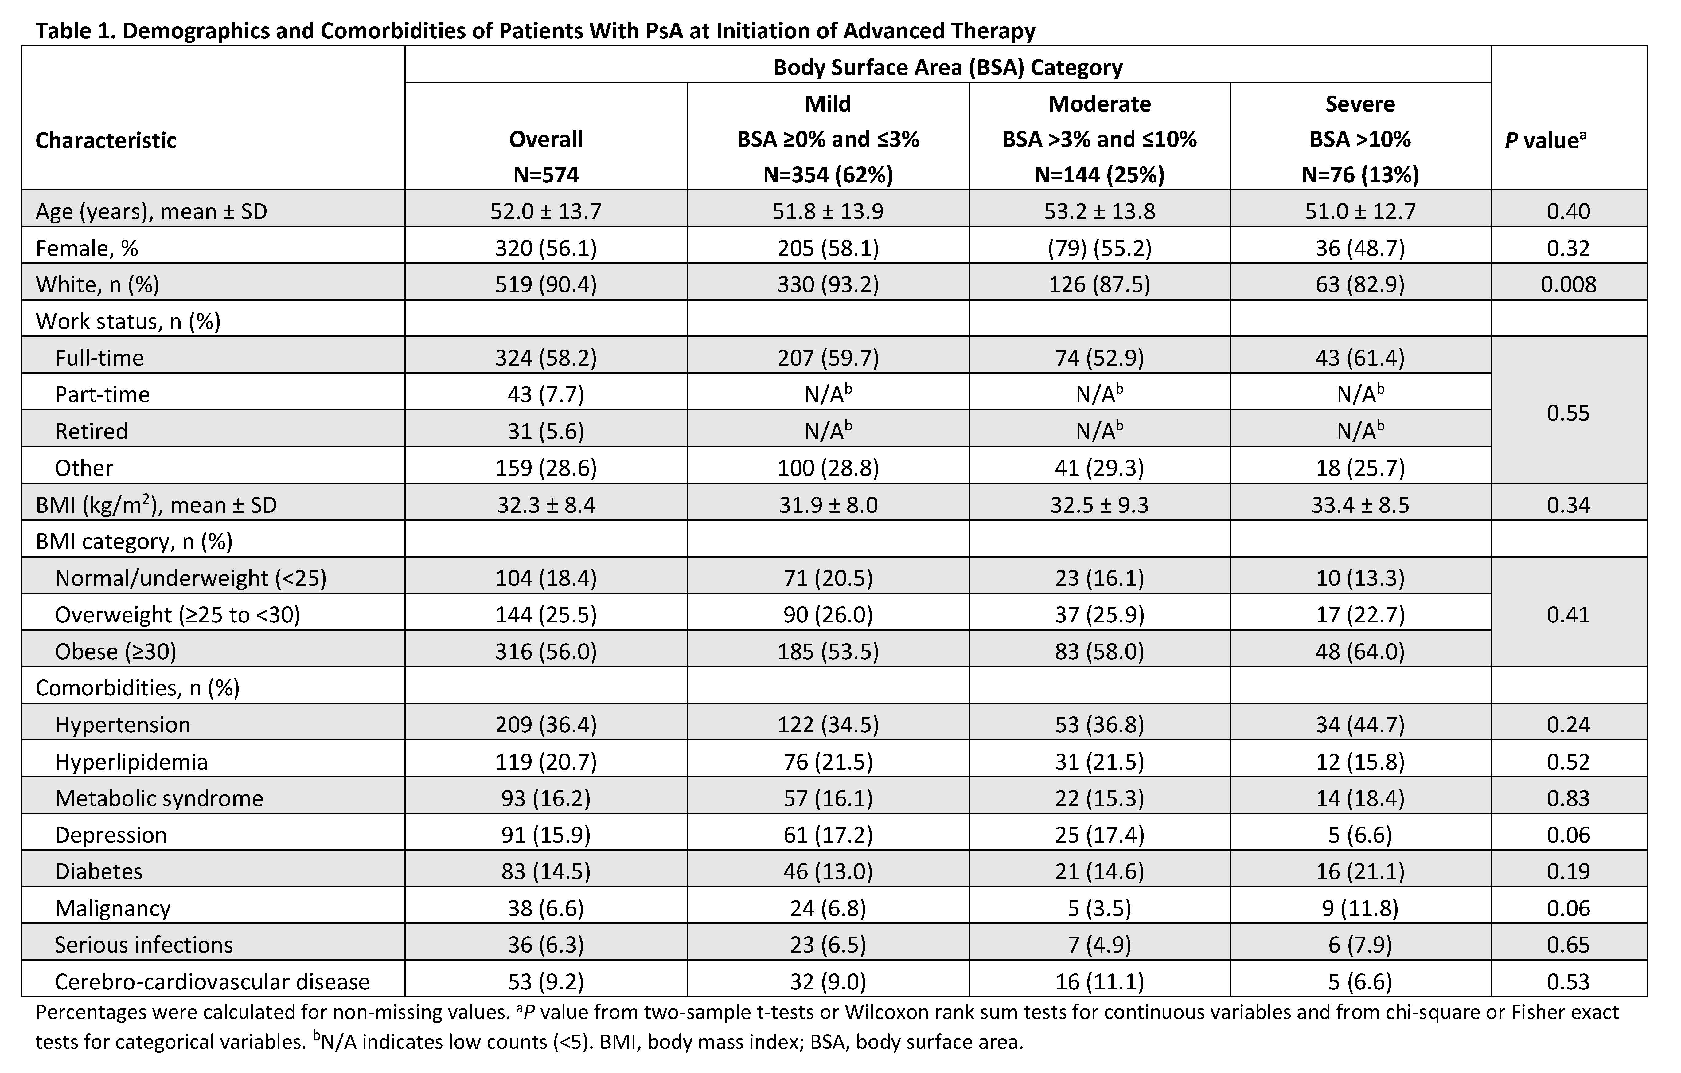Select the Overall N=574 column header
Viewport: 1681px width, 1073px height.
pos(546,156)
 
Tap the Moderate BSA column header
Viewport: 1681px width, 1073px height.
pos(1099,139)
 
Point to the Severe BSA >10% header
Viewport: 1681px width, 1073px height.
pos(1360,139)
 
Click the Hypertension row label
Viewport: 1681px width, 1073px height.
pos(123,725)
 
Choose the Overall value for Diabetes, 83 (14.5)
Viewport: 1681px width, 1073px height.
pos(546,871)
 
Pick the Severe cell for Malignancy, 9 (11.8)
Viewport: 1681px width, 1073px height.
pos(1360,908)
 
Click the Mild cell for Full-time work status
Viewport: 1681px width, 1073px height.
pos(828,358)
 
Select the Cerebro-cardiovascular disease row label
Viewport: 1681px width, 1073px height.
pos(212,981)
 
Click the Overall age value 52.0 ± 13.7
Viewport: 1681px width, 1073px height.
pos(546,212)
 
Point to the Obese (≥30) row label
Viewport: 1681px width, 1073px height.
pos(116,651)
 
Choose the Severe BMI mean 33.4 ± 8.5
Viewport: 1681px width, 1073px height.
pos(1360,505)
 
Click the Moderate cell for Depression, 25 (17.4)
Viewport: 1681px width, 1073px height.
pos(1099,835)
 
